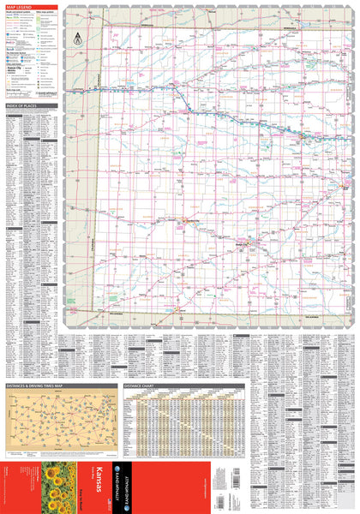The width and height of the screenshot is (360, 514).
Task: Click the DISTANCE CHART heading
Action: tap(141, 386)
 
